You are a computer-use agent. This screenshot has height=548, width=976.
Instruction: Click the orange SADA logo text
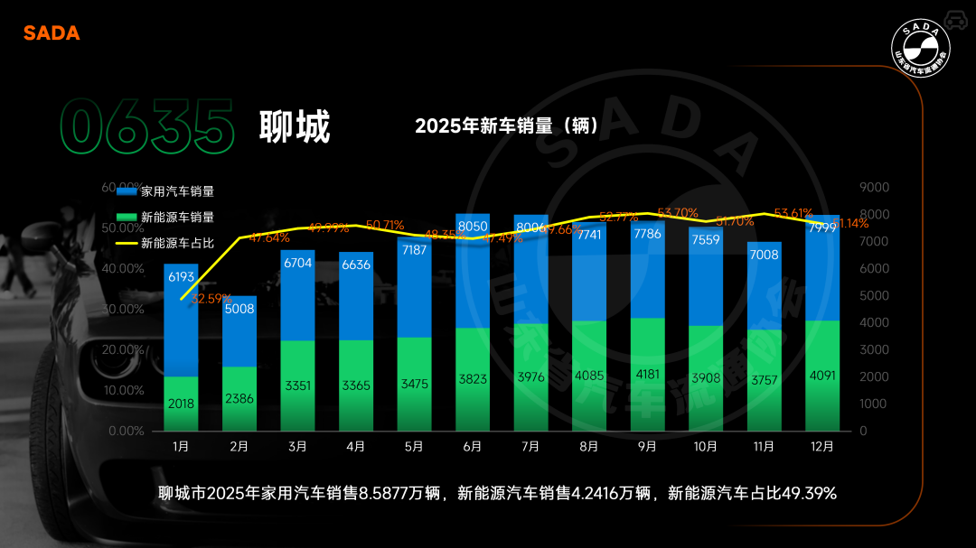point(52,33)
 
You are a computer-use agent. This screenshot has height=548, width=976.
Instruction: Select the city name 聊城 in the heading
point(295,126)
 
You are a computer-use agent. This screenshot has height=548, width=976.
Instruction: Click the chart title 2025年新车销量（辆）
point(506,126)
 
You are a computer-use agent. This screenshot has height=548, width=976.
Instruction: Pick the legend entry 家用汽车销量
point(177,191)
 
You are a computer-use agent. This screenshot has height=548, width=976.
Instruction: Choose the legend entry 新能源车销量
point(177,218)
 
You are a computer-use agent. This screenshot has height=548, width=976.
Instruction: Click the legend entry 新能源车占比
point(177,243)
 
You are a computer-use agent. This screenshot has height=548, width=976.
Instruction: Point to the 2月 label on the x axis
point(239,446)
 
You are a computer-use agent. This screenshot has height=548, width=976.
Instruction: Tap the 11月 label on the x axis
point(765,446)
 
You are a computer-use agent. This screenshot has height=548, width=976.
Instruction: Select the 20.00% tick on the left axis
point(126,349)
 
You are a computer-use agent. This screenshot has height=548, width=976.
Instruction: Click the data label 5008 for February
point(239,309)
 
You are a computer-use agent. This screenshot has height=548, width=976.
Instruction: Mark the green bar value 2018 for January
point(181,404)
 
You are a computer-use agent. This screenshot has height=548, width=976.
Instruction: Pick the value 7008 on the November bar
point(765,255)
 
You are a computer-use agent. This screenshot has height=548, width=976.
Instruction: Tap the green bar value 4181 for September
point(647,375)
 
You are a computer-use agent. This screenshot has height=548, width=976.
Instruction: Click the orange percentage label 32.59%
point(211,299)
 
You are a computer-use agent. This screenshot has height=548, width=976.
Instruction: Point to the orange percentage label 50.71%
point(386,225)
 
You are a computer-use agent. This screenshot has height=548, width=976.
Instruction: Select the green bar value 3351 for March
point(297,385)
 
